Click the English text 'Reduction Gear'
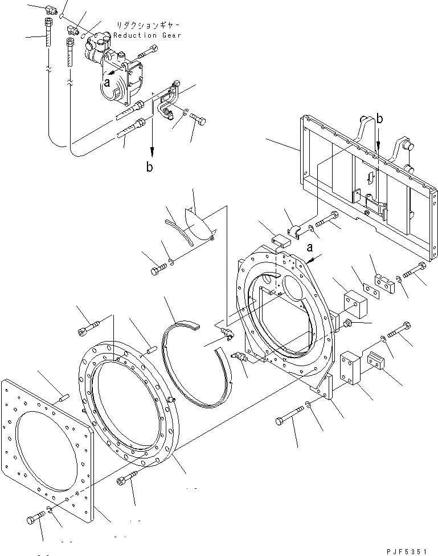click(146, 35)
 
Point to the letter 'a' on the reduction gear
click(106, 82)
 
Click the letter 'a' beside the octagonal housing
click(310, 248)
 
